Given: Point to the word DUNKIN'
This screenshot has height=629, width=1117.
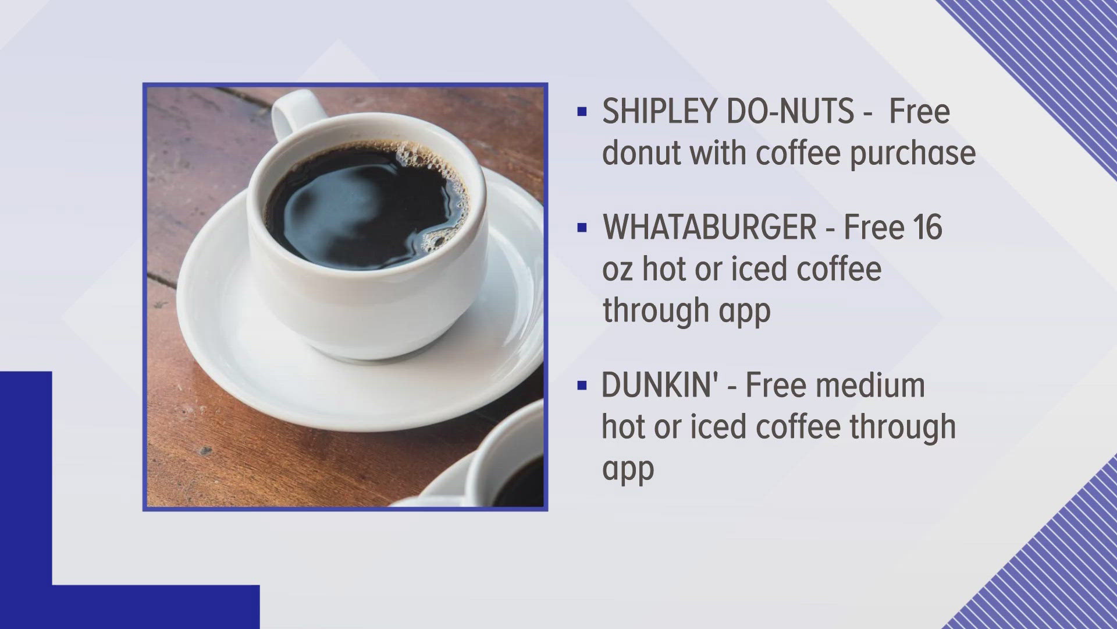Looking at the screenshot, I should (664, 386).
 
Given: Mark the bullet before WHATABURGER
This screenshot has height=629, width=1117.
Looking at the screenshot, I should (581, 228).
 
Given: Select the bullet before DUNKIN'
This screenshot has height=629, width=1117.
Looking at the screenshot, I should (581, 386).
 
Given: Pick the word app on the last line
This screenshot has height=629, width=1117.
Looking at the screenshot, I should (628, 468).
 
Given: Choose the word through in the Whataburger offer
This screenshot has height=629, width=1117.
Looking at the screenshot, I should (654, 310).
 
